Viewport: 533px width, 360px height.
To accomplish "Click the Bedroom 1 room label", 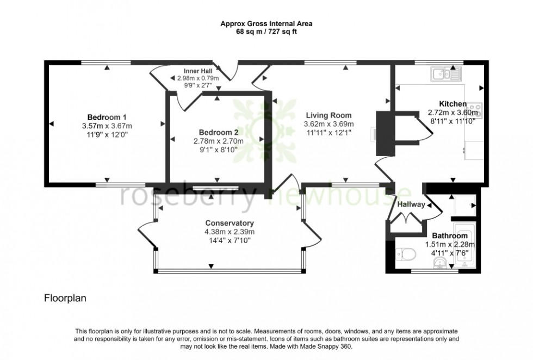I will tap(107, 117).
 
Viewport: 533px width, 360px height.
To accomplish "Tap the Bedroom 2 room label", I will tap(218, 132).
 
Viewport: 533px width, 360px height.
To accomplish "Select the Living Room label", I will tap(328, 115).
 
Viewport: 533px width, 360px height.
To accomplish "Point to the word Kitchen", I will tap(453, 104).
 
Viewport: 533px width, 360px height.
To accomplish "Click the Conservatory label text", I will tap(230, 223).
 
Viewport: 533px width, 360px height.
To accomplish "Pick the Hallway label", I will tap(411, 205).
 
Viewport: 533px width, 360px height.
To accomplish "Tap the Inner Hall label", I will tap(198, 71).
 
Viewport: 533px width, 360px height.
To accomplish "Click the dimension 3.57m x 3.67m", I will tap(107, 126).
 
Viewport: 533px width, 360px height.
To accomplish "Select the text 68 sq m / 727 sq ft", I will tap(266, 32).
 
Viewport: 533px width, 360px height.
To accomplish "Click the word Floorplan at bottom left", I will tap(65, 298).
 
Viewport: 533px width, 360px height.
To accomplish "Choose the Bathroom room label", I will tap(450, 236).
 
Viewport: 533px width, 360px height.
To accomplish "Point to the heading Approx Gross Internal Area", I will tap(266, 24).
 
